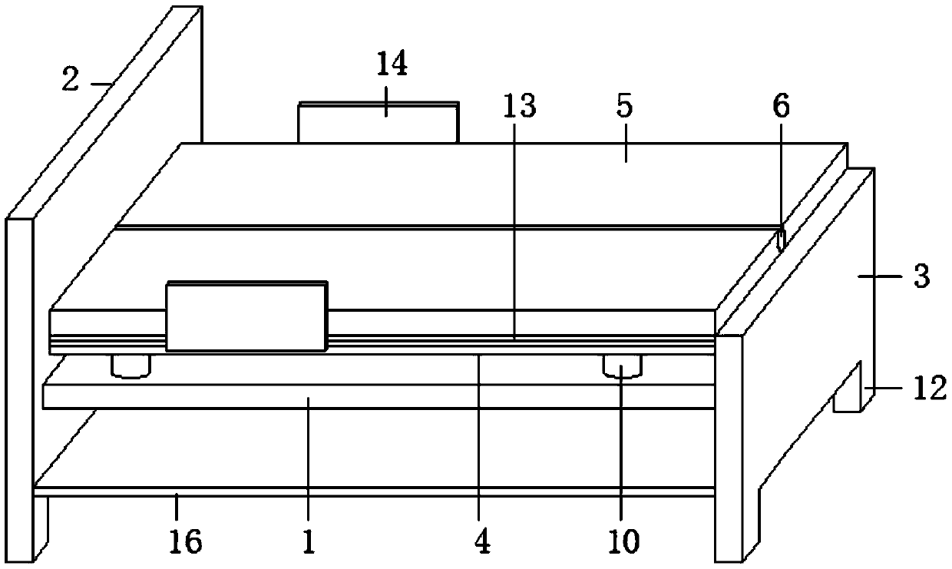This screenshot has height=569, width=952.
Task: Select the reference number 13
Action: [521, 107]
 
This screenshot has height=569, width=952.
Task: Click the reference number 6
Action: [780, 107]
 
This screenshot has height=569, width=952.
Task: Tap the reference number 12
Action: [930, 390]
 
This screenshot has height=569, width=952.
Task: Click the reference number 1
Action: [307, 542]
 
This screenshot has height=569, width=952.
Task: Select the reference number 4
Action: [481, 542]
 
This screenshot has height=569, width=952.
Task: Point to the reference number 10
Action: [623, 542]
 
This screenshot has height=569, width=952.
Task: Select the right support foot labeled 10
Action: [621, 366]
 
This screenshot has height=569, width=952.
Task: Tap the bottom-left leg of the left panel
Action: [20, 530]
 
